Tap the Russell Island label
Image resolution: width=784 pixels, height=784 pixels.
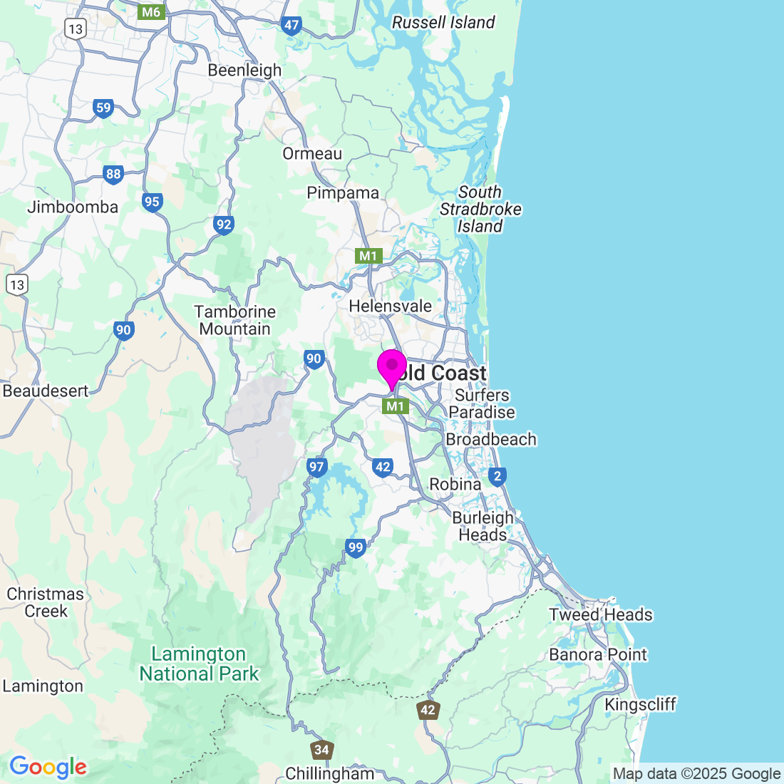443,23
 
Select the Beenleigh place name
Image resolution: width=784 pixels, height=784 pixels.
244,71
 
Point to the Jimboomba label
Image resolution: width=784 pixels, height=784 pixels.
73,207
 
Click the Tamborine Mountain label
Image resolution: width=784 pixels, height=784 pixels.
235,321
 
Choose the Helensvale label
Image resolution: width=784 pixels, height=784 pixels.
390,306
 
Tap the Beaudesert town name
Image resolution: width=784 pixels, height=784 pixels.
46,391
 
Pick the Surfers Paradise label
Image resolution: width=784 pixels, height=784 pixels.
482,403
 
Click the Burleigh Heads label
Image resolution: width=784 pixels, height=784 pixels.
483,527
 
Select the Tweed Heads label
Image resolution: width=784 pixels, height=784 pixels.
601,614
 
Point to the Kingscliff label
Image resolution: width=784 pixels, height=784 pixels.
640,705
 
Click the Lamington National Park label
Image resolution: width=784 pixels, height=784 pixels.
199,664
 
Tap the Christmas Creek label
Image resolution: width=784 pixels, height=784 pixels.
46,602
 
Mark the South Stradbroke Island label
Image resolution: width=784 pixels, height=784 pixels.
480,210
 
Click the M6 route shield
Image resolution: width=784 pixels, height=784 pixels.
151,11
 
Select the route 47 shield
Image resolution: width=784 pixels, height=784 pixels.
292,26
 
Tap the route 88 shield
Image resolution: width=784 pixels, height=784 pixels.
113,174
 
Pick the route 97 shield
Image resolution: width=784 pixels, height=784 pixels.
316,468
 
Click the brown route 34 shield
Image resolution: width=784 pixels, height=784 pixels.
322,749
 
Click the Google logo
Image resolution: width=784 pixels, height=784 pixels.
48,768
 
